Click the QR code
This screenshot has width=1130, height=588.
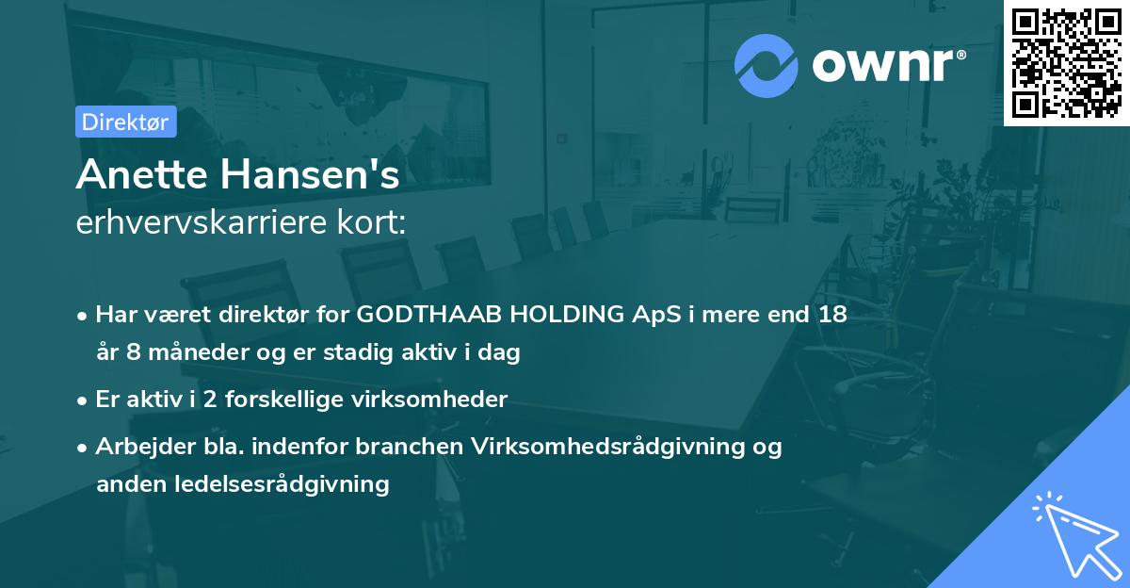1066,62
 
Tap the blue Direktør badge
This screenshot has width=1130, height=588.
125,122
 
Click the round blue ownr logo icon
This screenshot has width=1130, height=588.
766,66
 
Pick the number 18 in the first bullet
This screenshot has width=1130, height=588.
832,315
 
